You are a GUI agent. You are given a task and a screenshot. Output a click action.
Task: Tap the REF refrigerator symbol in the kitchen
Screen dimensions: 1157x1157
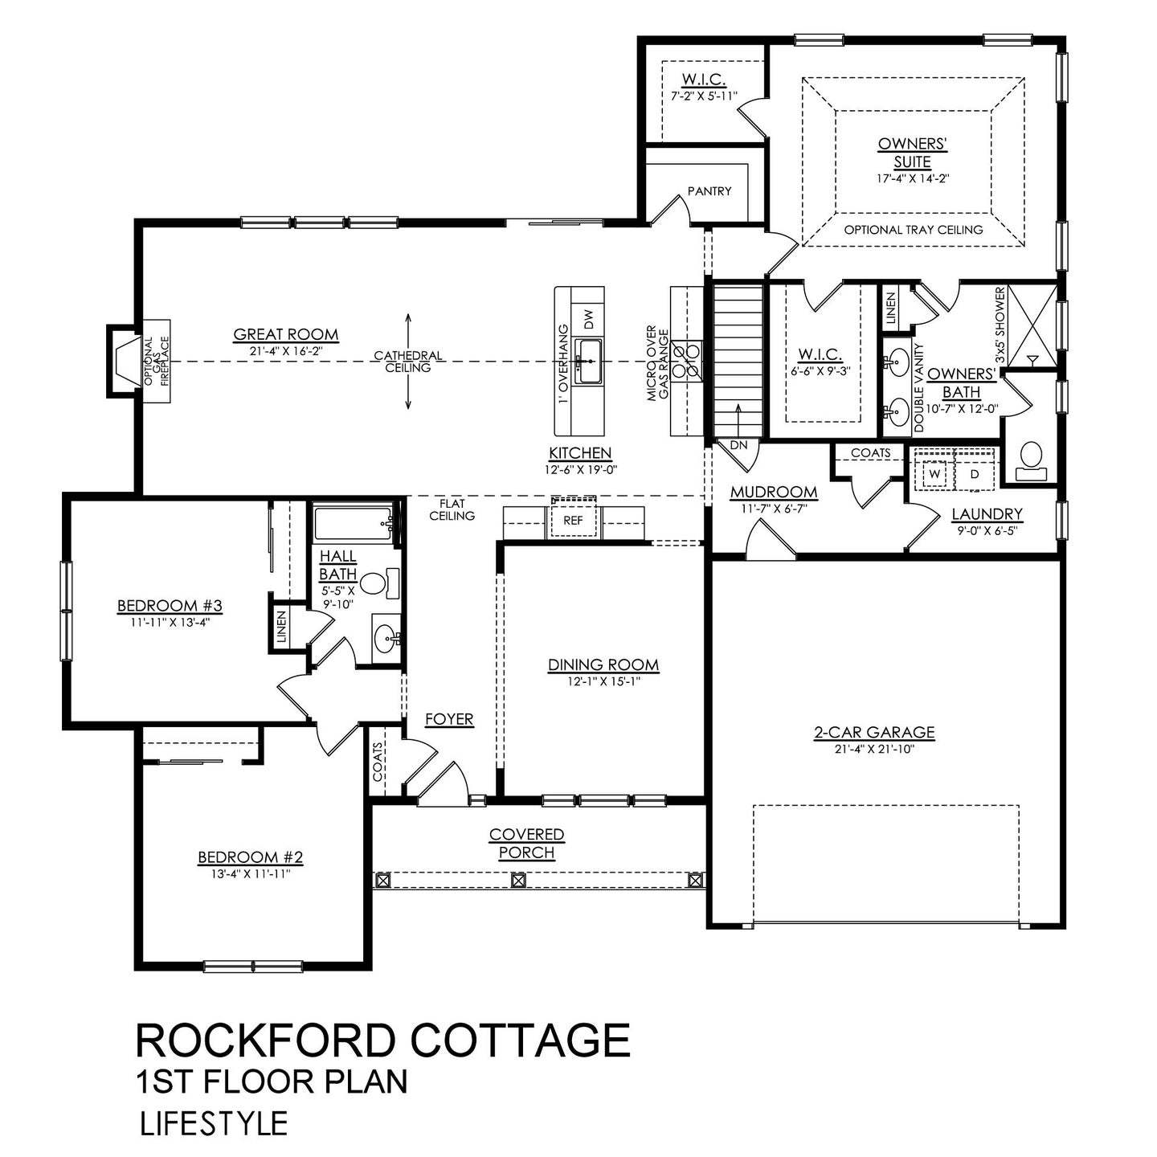tap(573, 521)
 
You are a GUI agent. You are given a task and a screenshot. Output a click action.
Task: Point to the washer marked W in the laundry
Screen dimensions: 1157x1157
tap(934, 473)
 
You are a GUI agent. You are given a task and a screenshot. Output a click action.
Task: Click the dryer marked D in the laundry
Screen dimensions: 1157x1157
tap(975, 473)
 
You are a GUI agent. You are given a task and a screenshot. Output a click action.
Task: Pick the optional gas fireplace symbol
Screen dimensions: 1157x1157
tap(125, 362)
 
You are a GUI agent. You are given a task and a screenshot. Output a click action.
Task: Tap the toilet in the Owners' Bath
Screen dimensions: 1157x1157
tap(1028, 459)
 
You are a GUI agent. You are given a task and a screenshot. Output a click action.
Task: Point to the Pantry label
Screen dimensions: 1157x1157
tap(709, 191)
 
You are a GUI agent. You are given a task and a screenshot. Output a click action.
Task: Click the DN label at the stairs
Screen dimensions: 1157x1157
tap(738, 445)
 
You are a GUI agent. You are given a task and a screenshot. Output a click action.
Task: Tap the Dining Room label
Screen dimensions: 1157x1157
tap(603, 664)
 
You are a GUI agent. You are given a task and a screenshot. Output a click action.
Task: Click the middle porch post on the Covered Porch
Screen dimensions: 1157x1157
tap(519, 880)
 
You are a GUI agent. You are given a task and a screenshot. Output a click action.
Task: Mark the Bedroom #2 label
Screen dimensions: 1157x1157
tap(250, 857)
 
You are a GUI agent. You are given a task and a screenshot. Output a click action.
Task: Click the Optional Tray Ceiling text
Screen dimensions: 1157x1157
tap(914, 230)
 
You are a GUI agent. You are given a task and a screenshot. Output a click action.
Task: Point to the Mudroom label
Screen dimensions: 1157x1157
tap(773, 492)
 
